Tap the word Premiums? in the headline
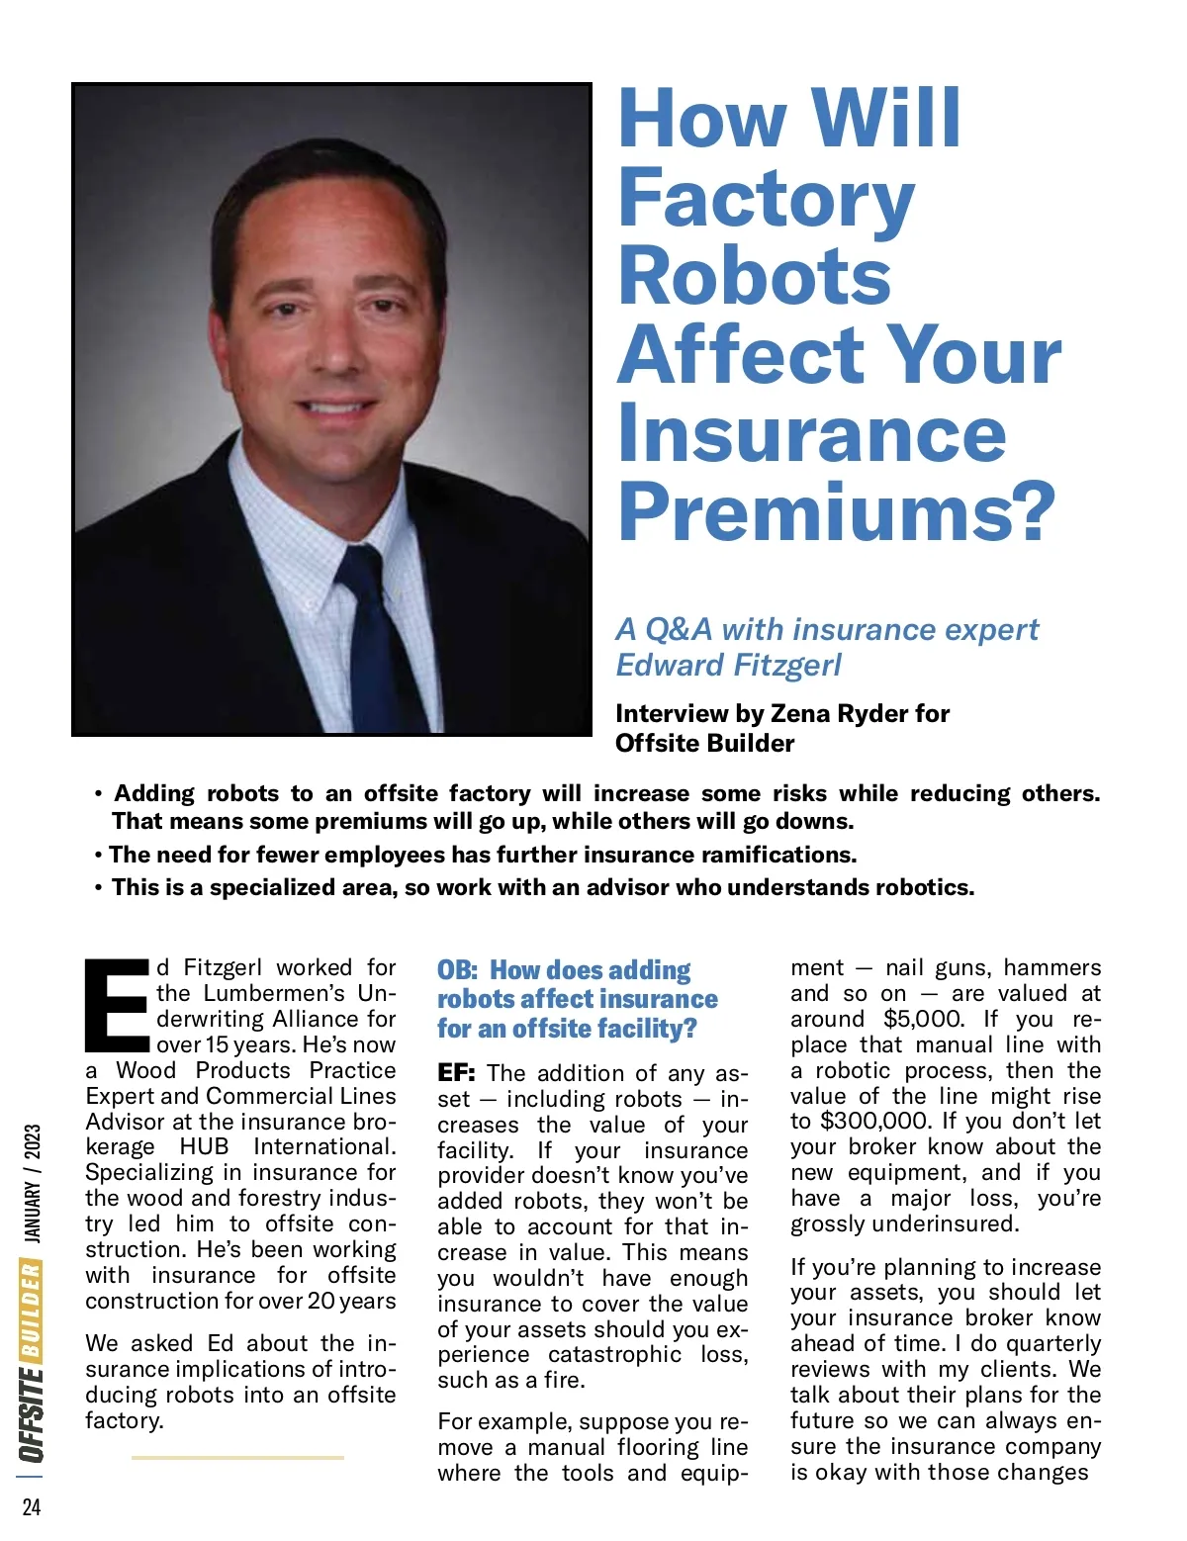837,511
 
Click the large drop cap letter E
117,1005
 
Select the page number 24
32,1506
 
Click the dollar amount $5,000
923,1019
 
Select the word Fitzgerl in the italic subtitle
786,665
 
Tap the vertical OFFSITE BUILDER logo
32,1360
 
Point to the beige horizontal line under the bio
237,1457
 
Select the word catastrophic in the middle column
614,1355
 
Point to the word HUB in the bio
204,1147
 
